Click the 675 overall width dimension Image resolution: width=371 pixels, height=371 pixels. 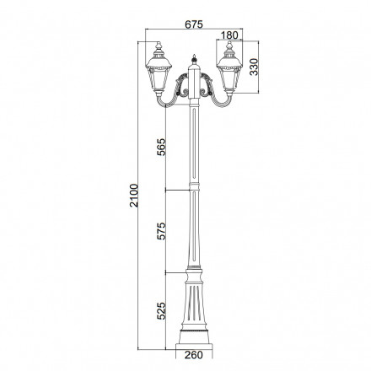pos(194,24)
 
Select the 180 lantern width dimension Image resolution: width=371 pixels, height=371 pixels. pos(229,35)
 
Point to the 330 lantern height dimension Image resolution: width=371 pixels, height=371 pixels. pos(254,67)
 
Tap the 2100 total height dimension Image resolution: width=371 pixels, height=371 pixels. pos(134,196)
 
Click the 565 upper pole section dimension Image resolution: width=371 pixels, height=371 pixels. pos(161,147)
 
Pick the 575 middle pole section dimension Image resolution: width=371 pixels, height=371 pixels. pos(161,231)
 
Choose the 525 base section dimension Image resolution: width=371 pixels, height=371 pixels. pos(161,311)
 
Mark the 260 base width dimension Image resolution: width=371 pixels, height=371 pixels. pos(194,355)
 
